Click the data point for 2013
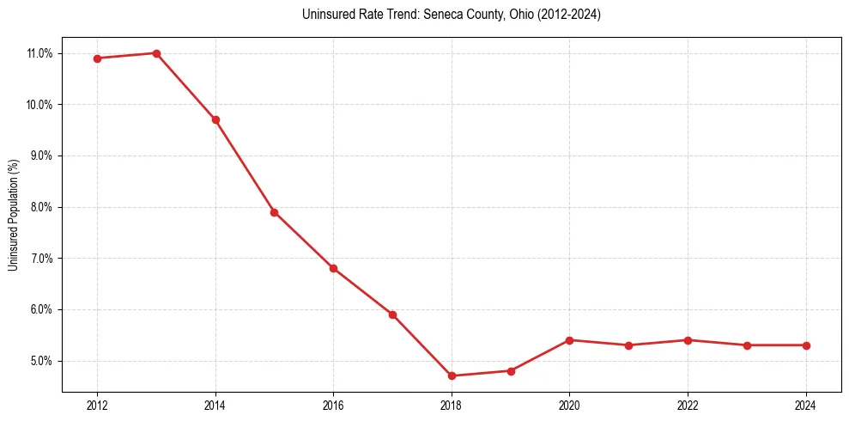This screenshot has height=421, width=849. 156,53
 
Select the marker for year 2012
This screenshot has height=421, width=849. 97,58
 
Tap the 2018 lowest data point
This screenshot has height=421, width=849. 452,375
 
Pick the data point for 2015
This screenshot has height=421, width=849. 274,212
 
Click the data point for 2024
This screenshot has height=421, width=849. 806,345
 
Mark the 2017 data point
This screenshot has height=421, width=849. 392,314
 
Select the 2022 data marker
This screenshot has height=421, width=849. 688,340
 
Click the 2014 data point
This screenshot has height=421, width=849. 215,119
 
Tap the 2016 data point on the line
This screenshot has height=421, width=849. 333,268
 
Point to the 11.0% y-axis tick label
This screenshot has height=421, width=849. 39,53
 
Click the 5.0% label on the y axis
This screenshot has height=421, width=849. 41,361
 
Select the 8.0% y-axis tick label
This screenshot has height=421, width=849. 41,207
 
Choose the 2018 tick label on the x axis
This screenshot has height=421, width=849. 452,406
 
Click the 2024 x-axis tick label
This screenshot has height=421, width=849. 806,406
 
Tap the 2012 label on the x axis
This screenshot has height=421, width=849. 97,406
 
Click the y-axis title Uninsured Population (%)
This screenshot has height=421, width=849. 13,215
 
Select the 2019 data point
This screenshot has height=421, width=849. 511,371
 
